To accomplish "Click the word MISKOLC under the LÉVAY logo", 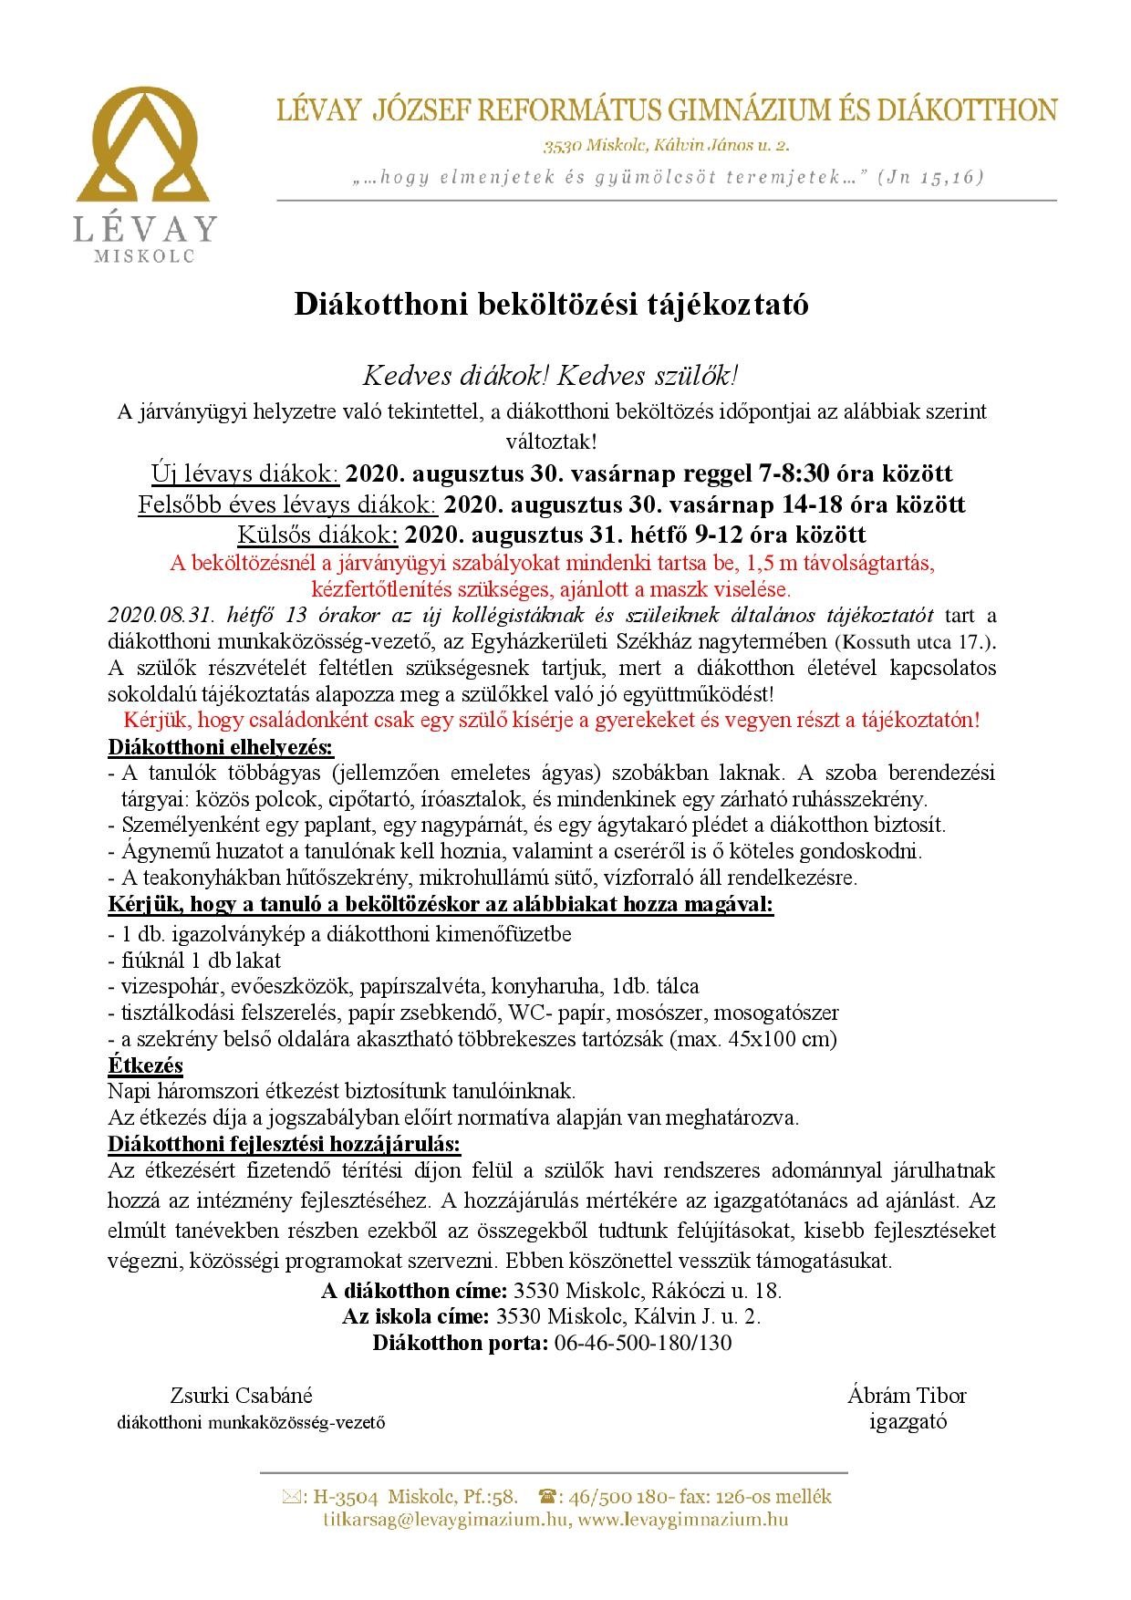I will point(144,257).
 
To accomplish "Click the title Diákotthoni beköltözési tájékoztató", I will point(551,305).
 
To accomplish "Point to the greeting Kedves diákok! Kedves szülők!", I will point(551,376).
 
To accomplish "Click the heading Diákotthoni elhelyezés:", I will point(221,747).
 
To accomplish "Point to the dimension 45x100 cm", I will point(778,1038).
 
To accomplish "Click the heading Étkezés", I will point(145,1065).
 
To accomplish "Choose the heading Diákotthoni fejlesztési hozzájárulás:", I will point(284,1144).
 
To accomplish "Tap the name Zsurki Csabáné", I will point(241,1396).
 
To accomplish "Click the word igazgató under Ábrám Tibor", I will point(908,1421).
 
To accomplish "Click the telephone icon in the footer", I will point(548,1496).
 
